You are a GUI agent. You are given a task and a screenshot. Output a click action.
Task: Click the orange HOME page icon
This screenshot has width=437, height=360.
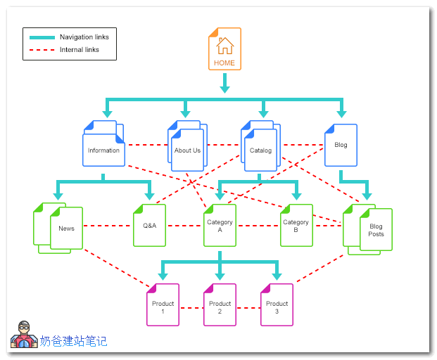click(224, 49)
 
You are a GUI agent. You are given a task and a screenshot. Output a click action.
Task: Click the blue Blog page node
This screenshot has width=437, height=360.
click(341, 145)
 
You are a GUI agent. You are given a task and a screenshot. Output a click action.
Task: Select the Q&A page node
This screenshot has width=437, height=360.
click(149, 226)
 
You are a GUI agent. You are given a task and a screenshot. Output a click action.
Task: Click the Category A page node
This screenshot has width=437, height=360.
click(220, 226)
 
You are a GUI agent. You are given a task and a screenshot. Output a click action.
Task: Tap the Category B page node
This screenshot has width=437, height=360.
click(296, 226)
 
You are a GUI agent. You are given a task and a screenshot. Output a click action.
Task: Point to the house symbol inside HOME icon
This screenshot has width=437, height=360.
click(224, 46)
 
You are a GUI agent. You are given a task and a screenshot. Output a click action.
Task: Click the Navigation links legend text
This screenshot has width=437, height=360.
click(84, 37)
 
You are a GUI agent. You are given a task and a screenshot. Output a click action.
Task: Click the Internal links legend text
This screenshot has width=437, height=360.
click(79, 50)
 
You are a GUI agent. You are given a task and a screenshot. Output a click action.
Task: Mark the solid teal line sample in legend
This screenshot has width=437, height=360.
click(42, 37)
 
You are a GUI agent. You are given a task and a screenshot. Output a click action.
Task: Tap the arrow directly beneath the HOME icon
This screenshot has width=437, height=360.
click(224, 84)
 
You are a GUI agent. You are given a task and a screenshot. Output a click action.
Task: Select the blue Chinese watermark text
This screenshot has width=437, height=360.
click(73, 341)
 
